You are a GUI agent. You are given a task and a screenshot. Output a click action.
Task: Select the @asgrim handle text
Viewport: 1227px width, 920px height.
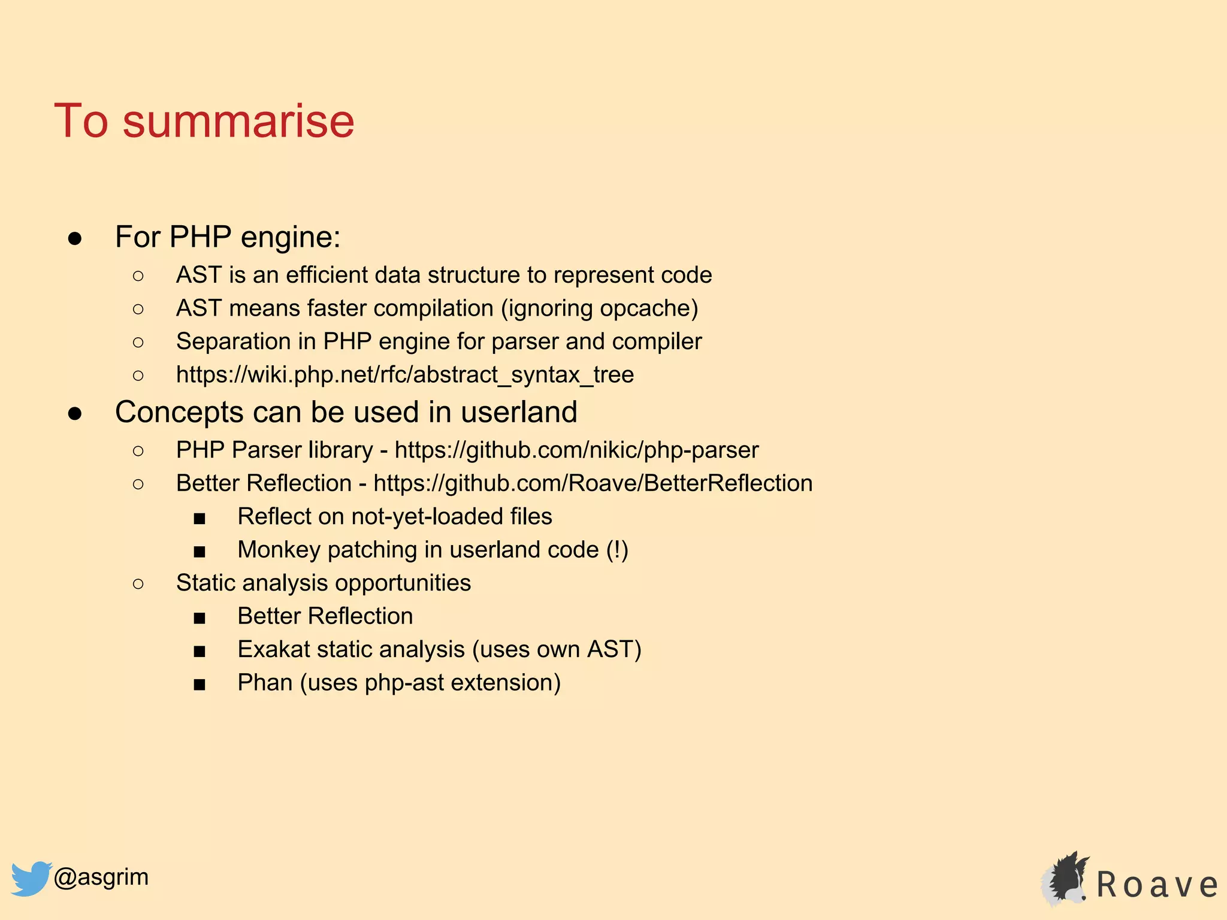pyautogui.click(x=101, y=877)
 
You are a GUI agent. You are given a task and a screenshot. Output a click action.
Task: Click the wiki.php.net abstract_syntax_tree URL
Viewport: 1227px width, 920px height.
pyautogui.click(x=404, y=375)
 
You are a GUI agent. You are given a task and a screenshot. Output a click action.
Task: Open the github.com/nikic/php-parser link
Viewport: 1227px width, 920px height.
pyautogui.click(x=576, y=450)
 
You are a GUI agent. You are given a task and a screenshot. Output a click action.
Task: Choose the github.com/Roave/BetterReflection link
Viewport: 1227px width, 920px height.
pyautogui.click(x=593, y=483)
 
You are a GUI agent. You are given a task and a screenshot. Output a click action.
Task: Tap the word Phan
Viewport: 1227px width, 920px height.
pyautogui.click(x=264, y=683)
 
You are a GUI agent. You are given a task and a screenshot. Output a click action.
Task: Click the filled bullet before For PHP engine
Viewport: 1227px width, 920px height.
pyautogui.click(x=75, y=238)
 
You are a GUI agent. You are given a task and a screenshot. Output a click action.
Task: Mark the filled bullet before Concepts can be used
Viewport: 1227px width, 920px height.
pyautogui.click(x=75, y=413)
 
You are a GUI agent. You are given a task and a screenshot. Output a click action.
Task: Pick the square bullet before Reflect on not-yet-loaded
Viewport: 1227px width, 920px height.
pyautogui.click(x=200, y=518)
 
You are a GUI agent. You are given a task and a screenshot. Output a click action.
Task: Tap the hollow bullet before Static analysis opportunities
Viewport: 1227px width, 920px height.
pyautogui.click(x=138, y=584)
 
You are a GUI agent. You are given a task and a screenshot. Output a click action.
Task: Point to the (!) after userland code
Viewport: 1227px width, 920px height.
pyautogui.click(x=617, y=550)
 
